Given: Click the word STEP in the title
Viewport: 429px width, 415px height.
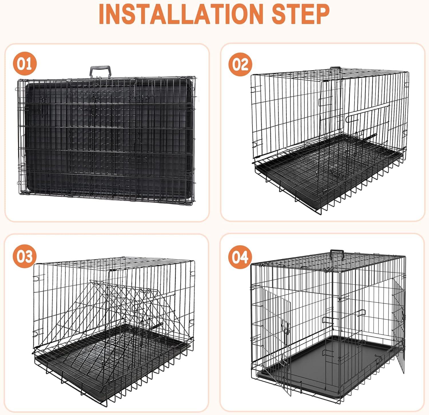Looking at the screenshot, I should coord(300,14).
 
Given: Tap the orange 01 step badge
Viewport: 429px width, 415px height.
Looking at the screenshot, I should coord(25,64).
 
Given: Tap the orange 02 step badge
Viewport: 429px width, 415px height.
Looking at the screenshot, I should coord(240,64).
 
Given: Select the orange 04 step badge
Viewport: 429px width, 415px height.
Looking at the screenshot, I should coord(240,257).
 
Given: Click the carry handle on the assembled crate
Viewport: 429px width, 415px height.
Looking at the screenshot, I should coord(337,253).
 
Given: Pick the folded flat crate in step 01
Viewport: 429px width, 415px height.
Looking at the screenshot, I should coord(106,137).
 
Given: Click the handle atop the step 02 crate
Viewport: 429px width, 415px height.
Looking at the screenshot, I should coord(335,69).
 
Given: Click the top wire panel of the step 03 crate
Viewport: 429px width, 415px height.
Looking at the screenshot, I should coord(114,263).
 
